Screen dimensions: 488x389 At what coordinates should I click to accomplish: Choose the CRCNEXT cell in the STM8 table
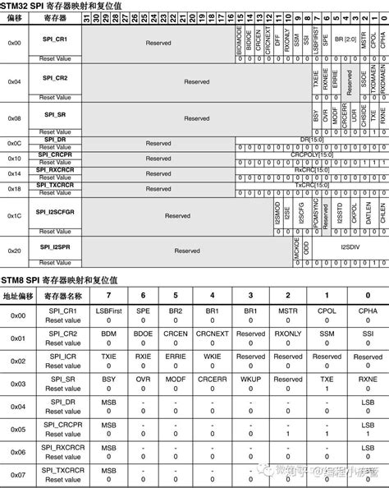[x=213, y=334]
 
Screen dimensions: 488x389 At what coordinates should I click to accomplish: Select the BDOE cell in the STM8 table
[x=144, y=334]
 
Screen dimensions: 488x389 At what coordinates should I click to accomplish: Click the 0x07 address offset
[x=18, y=474]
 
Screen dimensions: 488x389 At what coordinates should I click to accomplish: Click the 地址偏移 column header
[x=18, y=295]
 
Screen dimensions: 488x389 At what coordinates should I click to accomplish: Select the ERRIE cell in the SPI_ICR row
[x=178, y=357]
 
